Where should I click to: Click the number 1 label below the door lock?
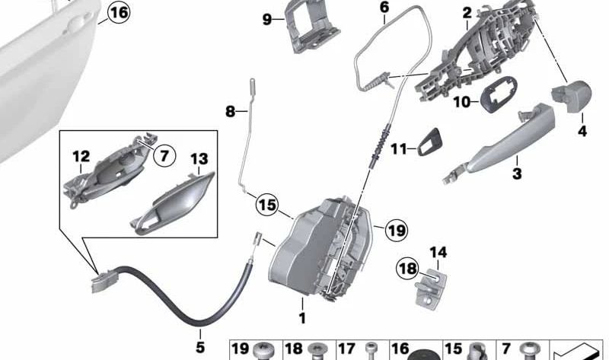(x=302, y=318)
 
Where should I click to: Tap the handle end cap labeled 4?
(x=572, y=96)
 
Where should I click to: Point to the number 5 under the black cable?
(x=200, y=347)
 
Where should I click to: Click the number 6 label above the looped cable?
(x=384, y=8)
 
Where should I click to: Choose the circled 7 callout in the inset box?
(x=164, y=156)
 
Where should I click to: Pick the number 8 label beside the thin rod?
(x=231, y=112)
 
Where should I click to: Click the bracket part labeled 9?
(x=313, y=27)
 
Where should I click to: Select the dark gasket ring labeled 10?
(x=499, y=94)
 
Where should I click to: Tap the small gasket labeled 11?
(x=429, y=142)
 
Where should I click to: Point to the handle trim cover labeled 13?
(x=173, y=204)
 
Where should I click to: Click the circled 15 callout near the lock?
(x=267, y=205)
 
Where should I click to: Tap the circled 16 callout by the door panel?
(x=119, y=12)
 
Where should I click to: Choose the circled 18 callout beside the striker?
(x=408, y=269)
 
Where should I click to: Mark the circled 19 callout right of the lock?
(x=397, y=231)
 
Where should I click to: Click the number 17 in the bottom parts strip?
(x=346, y=349)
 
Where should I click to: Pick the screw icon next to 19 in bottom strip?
(x=263, y=351)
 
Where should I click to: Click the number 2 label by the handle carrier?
(x=467, y=13)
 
